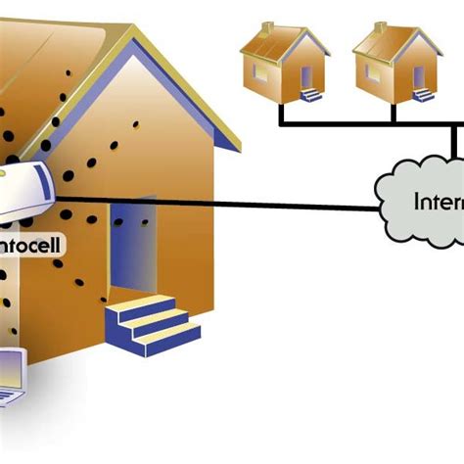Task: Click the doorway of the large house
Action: [x=132, y=250]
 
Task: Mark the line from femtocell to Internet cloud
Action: [x=245, y=204]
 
